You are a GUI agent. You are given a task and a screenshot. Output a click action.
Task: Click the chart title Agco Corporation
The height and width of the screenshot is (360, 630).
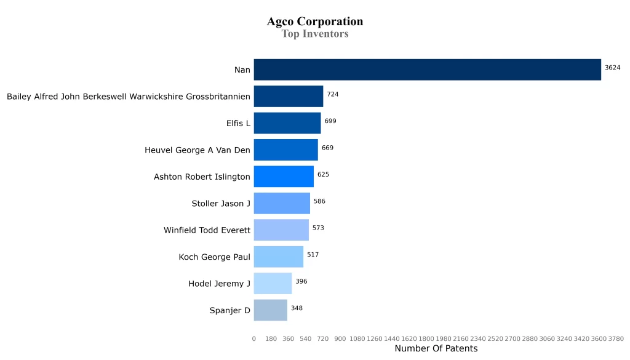pos(314,22)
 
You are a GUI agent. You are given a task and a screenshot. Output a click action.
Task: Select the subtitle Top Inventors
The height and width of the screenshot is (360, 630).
pos(314,34)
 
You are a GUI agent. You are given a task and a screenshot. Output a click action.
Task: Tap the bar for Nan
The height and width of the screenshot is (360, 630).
pos(427,70)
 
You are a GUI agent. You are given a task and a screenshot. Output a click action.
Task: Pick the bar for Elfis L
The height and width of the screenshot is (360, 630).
pos(287,123)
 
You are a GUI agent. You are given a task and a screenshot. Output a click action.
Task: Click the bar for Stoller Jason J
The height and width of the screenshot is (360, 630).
pos(282,203)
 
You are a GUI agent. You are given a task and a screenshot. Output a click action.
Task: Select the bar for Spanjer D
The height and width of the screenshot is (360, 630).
pos(271,310)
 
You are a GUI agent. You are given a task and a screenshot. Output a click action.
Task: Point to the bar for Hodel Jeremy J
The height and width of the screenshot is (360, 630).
pos(273,284)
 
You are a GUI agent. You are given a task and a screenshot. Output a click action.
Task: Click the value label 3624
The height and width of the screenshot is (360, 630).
pos(612,68)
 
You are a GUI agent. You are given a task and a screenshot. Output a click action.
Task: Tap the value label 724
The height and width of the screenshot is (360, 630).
pos(333,94)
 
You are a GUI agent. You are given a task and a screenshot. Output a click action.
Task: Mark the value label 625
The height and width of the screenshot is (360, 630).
pos(323,174)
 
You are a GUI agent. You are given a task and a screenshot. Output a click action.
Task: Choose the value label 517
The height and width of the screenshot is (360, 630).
pos(313,254)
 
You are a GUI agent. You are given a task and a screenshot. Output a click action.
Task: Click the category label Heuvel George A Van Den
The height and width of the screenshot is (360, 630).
pos(197,150)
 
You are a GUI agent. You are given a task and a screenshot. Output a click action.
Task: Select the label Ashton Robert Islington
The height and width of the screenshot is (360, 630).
pos(202,177)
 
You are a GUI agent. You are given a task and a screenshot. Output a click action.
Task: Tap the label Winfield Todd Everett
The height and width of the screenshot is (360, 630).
pos(207,230)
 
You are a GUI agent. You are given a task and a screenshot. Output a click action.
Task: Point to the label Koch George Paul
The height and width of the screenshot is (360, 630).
pos(214,257)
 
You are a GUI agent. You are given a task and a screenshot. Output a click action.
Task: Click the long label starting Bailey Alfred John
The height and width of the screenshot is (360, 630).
pos(129,97)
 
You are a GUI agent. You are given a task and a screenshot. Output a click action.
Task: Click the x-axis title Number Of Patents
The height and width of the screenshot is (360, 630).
pos(436,349)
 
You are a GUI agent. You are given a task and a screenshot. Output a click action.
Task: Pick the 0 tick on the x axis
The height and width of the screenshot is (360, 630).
pos(254,338)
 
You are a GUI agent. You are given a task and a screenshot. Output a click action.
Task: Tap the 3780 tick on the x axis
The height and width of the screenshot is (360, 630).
pos(616,338)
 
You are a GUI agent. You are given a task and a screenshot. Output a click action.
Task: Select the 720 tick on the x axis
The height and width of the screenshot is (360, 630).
pos(323,338)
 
